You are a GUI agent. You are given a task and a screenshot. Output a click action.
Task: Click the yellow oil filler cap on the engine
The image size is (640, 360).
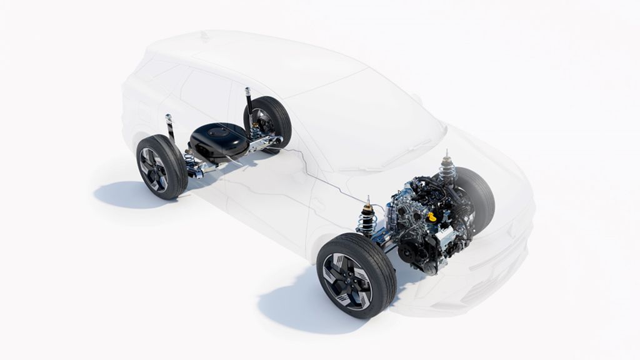pyautogui.click(x=431, y=217)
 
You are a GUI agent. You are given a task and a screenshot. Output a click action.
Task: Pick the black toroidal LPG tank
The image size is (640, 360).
pyautogui.click(x=219, y=141)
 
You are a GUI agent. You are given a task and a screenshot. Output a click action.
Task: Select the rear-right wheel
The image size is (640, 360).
pyautogui.click(x=267, y=122)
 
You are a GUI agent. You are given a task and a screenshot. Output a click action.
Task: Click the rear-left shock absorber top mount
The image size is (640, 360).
pyautogui.click(x=169, y=117)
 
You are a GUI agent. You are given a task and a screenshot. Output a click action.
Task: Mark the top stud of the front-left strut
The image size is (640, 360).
pyautogui.click(x=367, y=199)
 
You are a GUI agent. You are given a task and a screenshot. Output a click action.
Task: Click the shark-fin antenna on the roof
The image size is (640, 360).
pyautogui.click(x=204, y=36)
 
